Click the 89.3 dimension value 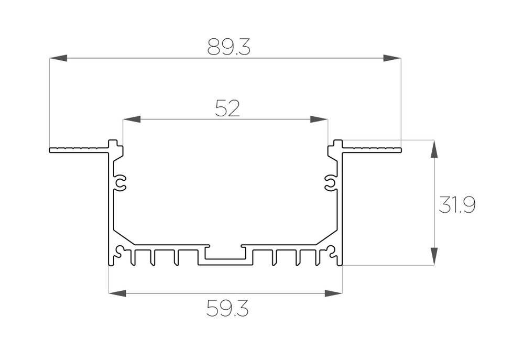pyautogui.click(x=229, y=47)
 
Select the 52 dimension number pyautogui.click(x=227, y=108)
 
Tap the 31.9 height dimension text pyautogui.click(x=457, y=205)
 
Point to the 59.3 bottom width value pyautogui.click(x=227, y=309)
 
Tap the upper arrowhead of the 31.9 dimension pyautogui.click(x=434, y=149)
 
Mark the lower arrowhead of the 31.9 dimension pyautogui.click(x=434, y=256)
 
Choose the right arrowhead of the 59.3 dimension pyautogui.click(x=333, y=292)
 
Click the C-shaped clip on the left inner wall pyautogui.click(x=121, y=183)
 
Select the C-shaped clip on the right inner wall pyautogui.click(x=330, y=183)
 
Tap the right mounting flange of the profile pyautogui.click(x=372, y=150)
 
